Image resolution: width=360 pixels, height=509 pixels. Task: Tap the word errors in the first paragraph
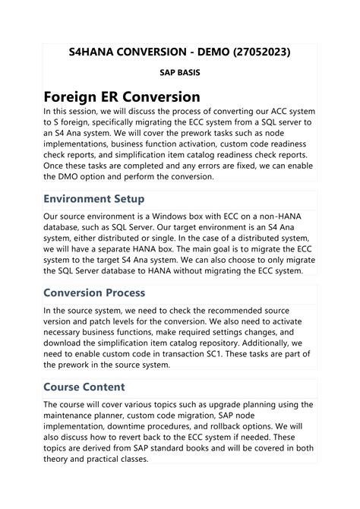pos(223,166)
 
